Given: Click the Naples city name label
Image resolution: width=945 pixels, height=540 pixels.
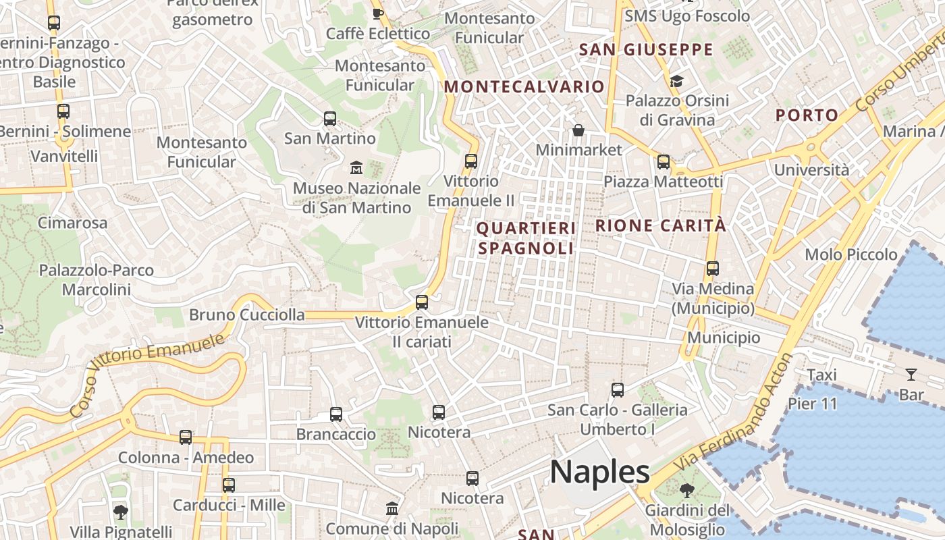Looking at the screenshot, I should [599, 472].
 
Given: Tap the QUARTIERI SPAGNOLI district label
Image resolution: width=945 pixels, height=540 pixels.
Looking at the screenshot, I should [526, 238].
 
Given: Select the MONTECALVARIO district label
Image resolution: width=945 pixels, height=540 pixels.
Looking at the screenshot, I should [524, 86].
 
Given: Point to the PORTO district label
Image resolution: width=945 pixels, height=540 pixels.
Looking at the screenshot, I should [807, 115].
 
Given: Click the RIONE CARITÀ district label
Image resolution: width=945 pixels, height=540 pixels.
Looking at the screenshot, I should [661, 225].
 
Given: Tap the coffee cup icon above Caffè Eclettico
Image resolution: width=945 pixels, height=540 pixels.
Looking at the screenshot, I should [378, 13].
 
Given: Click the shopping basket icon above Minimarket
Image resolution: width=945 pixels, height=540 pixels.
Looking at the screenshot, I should [578, 130].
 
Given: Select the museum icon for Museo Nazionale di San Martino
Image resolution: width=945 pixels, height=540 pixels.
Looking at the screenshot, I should [356, 167].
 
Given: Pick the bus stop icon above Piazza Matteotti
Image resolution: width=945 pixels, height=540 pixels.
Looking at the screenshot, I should [664, 162].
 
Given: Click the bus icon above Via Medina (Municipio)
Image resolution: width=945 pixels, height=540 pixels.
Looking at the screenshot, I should [712, 269].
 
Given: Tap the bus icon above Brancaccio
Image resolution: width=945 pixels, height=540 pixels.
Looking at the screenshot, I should [336, 414].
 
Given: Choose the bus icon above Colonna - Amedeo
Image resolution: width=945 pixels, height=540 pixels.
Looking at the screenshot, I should [186, 437].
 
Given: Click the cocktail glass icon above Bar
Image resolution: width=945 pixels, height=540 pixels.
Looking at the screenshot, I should [911, 374].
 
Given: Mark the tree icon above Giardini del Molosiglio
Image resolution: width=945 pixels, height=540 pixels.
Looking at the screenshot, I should [687, 491].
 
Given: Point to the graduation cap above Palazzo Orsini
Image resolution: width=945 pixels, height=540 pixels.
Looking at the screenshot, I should [676, 82].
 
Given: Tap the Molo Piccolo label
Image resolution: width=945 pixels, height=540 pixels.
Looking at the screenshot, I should [851, 254].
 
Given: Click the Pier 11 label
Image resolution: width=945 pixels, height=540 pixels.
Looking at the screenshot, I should [812, 404].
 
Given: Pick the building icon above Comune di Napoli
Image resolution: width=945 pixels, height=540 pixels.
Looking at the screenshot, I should [392, 508].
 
